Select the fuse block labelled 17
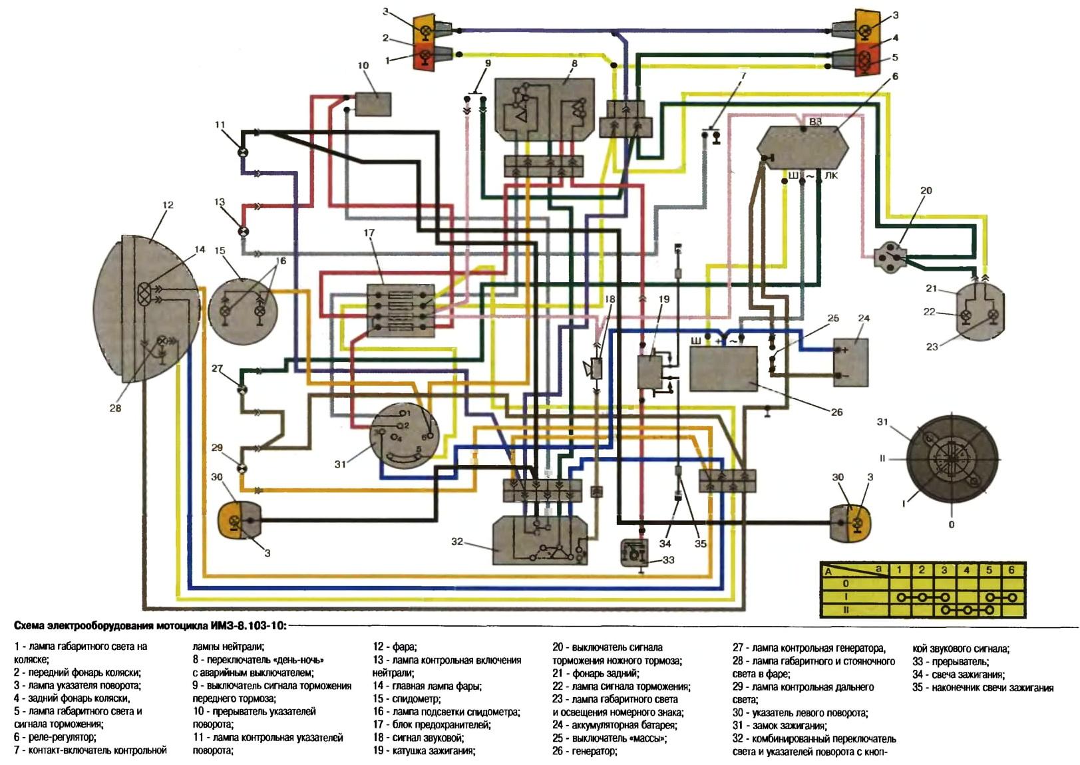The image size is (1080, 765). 401,310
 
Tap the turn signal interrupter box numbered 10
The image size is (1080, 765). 373,104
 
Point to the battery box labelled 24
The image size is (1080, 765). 851,362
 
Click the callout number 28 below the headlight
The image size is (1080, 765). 115,408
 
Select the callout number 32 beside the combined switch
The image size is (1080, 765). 457,541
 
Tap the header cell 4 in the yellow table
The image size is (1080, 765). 966,570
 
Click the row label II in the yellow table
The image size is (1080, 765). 846,609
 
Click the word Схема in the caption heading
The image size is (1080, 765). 33,626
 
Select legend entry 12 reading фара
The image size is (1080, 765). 395,647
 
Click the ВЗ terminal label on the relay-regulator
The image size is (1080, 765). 815,122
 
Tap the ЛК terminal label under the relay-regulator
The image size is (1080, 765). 831,176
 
